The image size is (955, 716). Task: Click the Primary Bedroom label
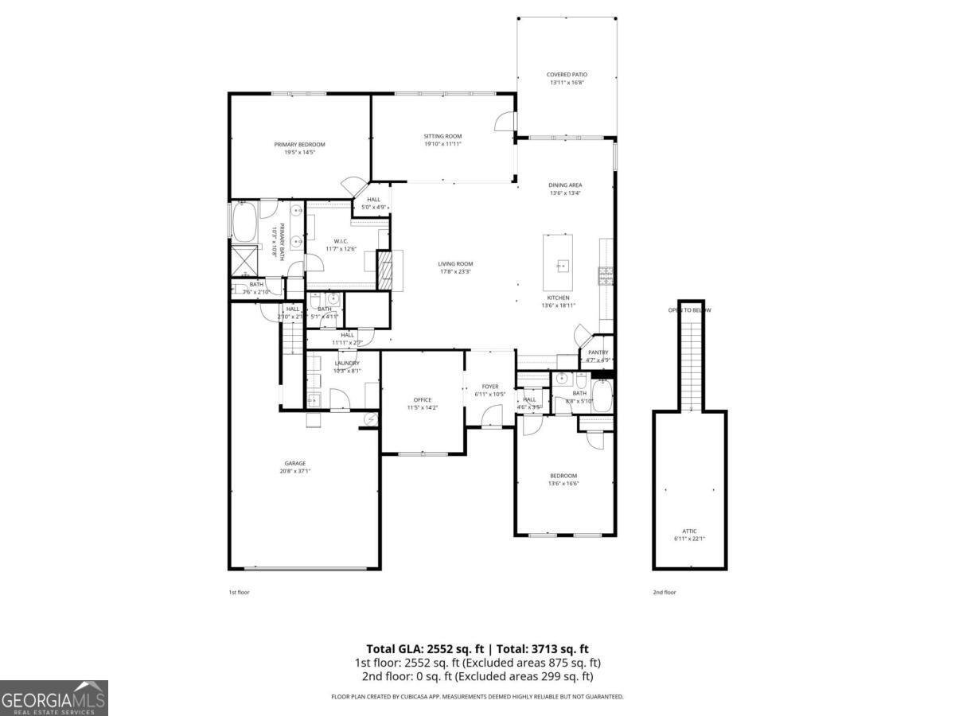point(299,144)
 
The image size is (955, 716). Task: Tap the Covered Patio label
point(567,74)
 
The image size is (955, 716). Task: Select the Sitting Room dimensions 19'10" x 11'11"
point(442,145)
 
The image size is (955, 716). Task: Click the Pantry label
point(598,352)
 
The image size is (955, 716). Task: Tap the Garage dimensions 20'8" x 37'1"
point(295,471)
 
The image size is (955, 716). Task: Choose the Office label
point(422,399)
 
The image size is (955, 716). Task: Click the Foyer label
point(490,387)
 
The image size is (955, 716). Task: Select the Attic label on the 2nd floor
point(689,531)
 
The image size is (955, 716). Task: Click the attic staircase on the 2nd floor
point(690,358)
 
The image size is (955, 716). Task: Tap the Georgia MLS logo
point(54,698)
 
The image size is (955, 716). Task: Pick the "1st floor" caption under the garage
point(239,592)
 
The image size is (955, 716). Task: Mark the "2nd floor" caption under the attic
point(665,592)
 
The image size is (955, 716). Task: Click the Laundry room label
point(347,363)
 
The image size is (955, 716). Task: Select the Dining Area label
point(565,185)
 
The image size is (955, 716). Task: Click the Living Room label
point(455,264)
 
